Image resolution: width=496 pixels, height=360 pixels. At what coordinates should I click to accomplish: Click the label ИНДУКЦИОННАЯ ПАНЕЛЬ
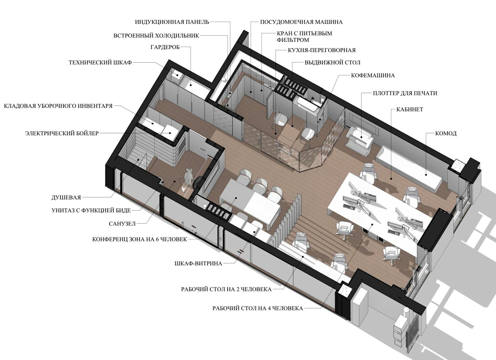[172, 22]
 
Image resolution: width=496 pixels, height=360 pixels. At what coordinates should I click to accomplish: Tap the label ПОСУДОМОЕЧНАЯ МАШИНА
[301, 22]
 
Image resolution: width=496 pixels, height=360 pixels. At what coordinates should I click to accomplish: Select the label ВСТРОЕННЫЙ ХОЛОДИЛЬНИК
[156, 36]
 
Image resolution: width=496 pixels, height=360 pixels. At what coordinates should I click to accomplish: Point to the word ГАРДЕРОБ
[165, 47]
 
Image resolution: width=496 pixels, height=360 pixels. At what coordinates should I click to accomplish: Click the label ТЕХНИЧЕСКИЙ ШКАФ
[100, 62]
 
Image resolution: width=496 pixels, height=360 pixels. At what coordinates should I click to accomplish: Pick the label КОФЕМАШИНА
[373, 75]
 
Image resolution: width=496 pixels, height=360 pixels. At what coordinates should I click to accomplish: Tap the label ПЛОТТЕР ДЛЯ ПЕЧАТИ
[405, 93]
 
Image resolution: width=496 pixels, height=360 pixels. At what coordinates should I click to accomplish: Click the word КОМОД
[446, 133]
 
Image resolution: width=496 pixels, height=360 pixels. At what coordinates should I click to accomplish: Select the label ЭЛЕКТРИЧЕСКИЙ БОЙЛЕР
[62, 133]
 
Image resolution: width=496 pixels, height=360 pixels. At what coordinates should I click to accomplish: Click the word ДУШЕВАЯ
[66, 198]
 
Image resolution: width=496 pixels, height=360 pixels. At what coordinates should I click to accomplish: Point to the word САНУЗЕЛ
[122, 224]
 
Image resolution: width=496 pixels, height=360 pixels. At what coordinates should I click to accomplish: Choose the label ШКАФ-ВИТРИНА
[198, 263]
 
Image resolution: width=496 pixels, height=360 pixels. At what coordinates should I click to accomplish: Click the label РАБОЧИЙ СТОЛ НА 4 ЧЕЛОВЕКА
[258, 309]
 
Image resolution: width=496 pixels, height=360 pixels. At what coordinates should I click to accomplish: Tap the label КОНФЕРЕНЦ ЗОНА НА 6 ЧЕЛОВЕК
[139, 239]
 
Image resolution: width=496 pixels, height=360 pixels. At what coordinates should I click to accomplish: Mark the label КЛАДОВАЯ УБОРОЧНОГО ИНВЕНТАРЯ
[58, 106]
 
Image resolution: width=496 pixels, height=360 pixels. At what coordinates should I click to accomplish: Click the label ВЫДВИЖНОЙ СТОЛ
[332, 62]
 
